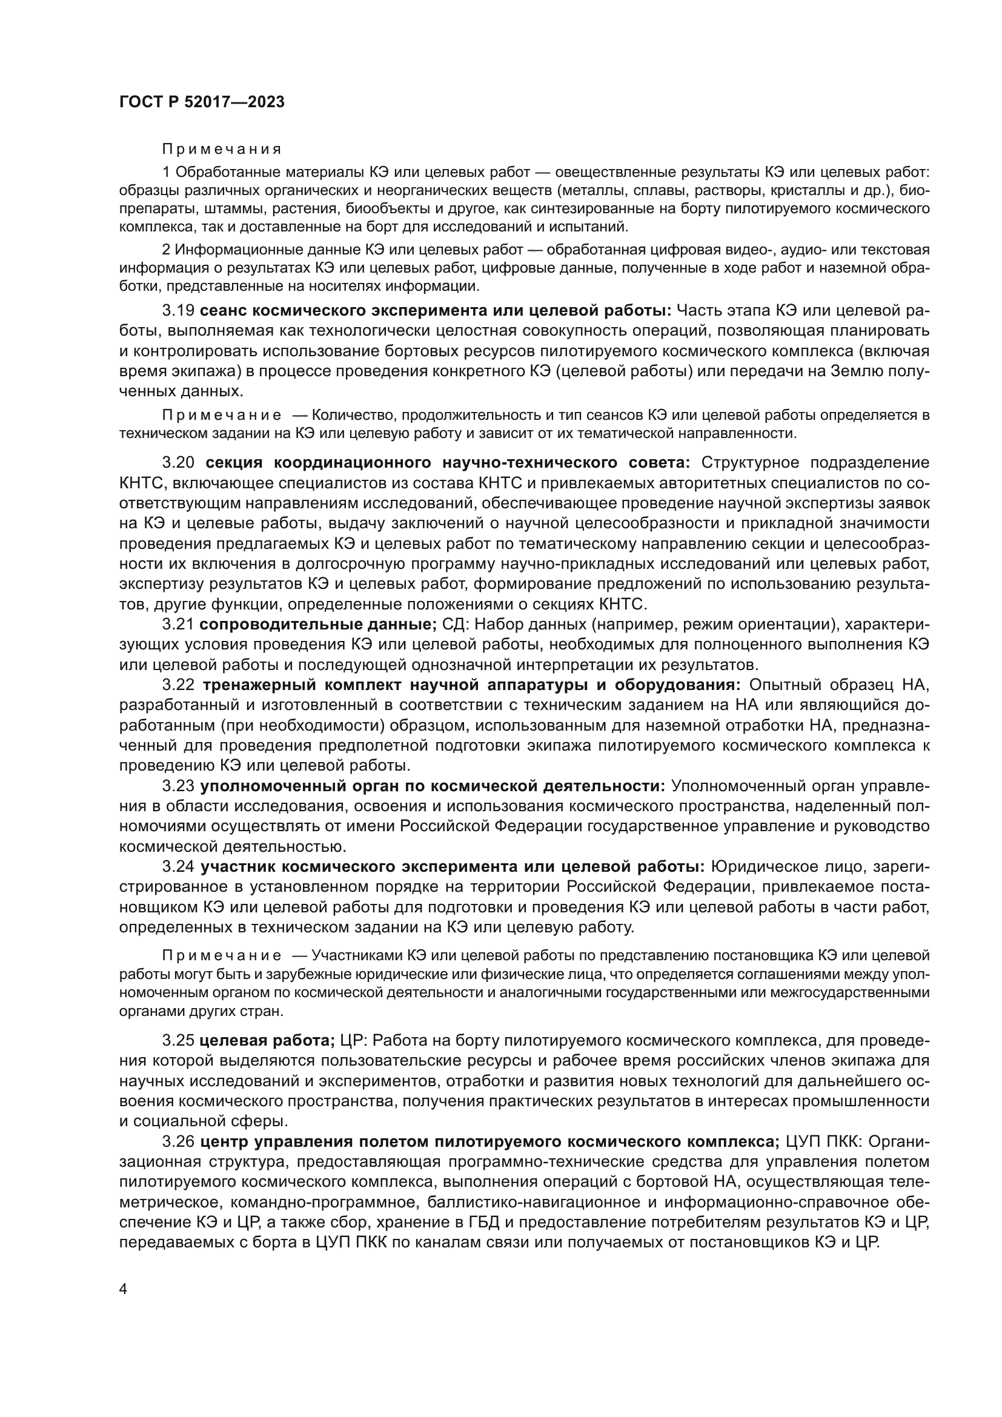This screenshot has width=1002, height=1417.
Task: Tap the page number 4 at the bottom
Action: (124, 1289)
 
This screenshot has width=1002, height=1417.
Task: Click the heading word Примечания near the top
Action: (222, 150)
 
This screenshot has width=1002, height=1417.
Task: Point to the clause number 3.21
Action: (178, 625)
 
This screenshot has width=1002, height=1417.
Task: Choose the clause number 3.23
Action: (178, 786)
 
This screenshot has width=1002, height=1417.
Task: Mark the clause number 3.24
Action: (178, 867)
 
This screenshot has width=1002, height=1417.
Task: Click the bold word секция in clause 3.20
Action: (234, 463)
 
